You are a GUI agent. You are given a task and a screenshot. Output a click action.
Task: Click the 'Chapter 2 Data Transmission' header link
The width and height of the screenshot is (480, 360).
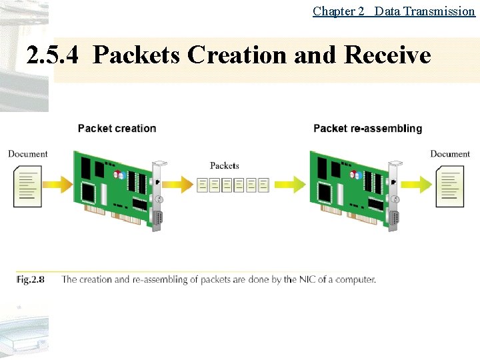click(393, 11)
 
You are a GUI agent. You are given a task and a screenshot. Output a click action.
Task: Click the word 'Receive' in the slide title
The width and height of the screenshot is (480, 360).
click(388, 55)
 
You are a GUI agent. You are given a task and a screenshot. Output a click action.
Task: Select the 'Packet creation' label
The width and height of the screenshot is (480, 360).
click(117, 128)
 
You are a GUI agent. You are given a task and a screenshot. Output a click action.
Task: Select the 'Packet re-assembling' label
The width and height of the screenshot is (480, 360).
click(367, 128)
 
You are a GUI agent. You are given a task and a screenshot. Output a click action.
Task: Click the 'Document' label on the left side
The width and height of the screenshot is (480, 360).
click(28, 154)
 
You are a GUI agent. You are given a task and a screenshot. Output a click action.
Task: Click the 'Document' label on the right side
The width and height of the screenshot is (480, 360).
click(450, 154)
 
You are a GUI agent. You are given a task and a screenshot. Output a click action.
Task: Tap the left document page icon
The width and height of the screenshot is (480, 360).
click(27, 187)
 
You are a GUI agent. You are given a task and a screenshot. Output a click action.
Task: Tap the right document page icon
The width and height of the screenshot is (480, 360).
click(450, 187)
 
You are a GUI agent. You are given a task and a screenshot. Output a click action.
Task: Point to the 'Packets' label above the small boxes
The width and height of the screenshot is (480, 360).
click(225, 165)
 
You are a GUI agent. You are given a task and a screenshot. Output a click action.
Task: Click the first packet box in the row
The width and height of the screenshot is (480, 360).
click(203, 185)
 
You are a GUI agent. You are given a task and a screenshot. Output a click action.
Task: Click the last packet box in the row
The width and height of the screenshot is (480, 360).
click(264, 185)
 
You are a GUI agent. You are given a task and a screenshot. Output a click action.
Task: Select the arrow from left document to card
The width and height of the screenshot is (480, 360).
click(59, 183)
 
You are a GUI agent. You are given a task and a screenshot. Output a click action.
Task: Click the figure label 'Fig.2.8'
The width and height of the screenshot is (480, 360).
click(31, 279)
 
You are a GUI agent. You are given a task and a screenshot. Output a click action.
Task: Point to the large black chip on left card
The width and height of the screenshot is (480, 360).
click(89, 192)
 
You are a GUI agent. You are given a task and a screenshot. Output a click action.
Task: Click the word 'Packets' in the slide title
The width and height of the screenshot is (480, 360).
click(137, 55)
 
